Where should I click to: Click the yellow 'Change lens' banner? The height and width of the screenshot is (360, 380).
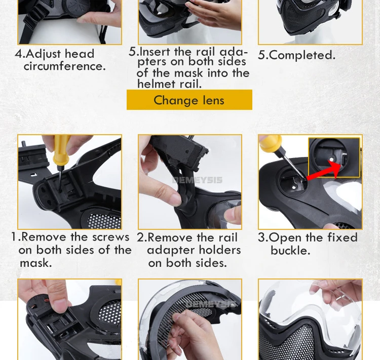coord(189,100)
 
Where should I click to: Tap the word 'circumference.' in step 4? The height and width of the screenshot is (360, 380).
coord(65,66)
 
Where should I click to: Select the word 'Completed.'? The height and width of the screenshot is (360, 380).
coord(302,55)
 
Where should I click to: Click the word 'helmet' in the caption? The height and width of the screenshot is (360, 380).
coord(157,84)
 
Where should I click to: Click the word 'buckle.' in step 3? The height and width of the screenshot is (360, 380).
coord(290,250)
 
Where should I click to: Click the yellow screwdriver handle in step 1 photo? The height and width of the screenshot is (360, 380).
coord(61,150)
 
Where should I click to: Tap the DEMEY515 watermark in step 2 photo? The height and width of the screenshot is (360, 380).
coord(197,180)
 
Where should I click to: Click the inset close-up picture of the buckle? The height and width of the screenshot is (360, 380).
coord(334,157)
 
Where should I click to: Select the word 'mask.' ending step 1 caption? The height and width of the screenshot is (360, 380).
coord(36,263)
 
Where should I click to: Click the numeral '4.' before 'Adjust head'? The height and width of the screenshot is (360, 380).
coord(20,54)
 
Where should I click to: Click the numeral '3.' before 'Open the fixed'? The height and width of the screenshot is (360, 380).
coord(263,237)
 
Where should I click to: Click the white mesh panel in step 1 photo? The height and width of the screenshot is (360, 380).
coord(104,220)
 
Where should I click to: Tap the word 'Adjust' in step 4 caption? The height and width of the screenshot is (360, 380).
coord(44,54)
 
